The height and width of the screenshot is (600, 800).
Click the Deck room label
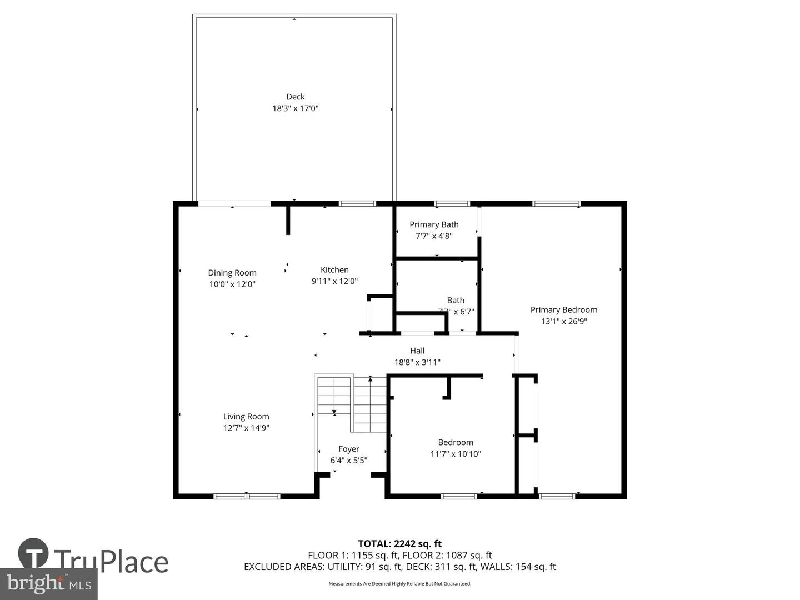click(x=295, y=97)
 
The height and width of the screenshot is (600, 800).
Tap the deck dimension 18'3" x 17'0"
click(x=295, y=108)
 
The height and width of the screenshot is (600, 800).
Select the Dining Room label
click(x=232, y=273)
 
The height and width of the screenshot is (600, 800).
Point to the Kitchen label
click(x=334, y=270)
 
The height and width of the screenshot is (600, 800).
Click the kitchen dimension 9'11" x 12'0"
click(x=334, y=282)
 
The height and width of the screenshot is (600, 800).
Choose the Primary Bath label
click(x=434, y=224)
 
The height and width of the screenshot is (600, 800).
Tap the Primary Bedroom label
click(x=563, y=310)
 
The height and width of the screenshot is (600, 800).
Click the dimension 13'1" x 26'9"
click(x=563, y=322)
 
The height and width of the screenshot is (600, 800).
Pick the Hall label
click(x=417, y=351)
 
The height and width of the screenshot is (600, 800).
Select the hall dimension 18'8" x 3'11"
click(x=417, y=362)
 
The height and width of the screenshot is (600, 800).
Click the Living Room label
click(x=246, y=417)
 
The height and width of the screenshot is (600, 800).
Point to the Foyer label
click(x=349, y=449)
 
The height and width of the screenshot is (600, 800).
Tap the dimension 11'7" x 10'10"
click(x=456, y=454)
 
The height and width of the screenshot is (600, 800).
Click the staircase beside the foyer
click(x=351, y=403)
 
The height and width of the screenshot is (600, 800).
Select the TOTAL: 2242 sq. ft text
click(x=399, y=543)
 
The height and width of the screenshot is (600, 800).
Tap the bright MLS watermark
click(x=49, y=583)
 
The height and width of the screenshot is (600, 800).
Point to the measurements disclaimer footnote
click(x=399, y=584)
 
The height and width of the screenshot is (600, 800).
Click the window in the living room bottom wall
click(x=247, y=496)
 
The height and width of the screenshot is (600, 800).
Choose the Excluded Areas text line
click(x=399, y=567)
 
